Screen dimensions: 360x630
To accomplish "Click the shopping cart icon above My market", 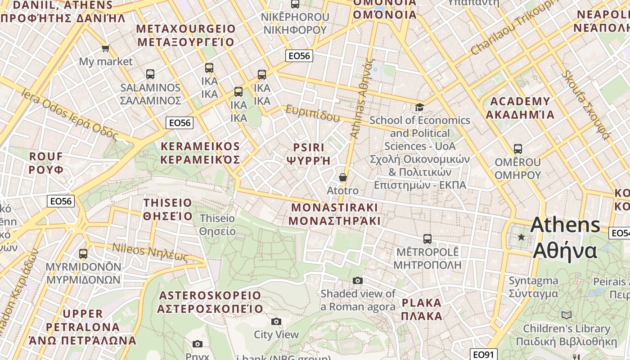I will click(105, 48).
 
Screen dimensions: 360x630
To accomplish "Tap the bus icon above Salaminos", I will click(150, 74).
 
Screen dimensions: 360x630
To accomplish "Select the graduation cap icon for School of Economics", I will click(419, 107).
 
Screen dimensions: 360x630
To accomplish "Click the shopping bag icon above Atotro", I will click(343, 177).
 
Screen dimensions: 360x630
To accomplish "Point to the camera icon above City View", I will click(276, 321).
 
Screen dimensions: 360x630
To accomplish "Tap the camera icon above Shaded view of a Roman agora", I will click(358, 280).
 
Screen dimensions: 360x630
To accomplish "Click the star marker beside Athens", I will click(521, 237).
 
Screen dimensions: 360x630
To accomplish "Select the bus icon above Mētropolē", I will click(427, 238).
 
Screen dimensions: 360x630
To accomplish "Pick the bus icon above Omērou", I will click(518, 148).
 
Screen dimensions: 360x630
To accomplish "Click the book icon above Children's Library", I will click(566, 315).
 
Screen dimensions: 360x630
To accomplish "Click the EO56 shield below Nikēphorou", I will click(299, 56).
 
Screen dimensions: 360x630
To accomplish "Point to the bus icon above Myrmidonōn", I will click(83, 253).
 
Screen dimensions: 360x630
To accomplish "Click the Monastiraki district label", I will click(334, 214).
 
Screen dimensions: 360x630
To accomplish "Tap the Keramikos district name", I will click(200, 153).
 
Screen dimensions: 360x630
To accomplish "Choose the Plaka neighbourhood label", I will click(422, 309).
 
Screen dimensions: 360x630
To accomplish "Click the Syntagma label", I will click(533, 287).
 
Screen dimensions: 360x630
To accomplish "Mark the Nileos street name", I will click(150, 252).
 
